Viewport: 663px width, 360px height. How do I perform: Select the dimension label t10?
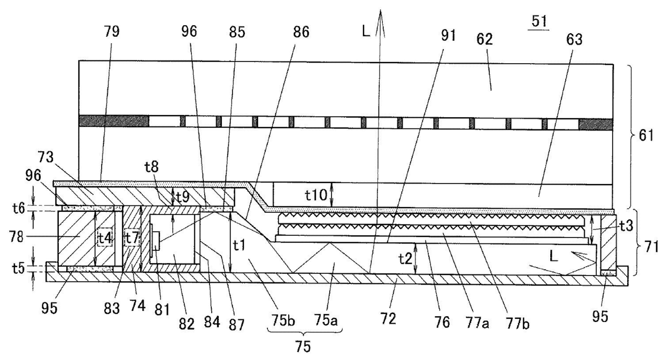316,196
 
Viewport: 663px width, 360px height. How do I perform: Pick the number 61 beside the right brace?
647,136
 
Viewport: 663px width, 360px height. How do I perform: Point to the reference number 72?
388,319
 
